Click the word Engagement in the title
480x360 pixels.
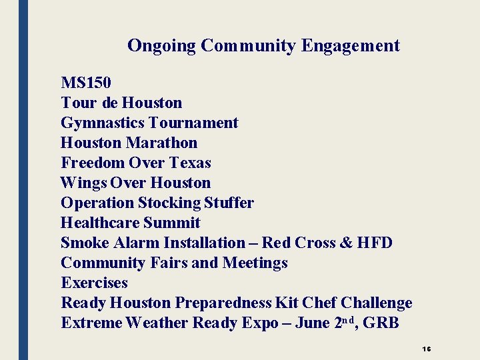[351, 46]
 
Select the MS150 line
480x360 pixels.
[86, 83]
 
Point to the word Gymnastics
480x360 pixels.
[103, 123]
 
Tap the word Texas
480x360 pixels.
[190, 163]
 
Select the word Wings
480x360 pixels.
[83, 183]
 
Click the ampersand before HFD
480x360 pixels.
[346, 243]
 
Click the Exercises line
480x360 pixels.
[94, 283]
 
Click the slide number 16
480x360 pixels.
[427, 349]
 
